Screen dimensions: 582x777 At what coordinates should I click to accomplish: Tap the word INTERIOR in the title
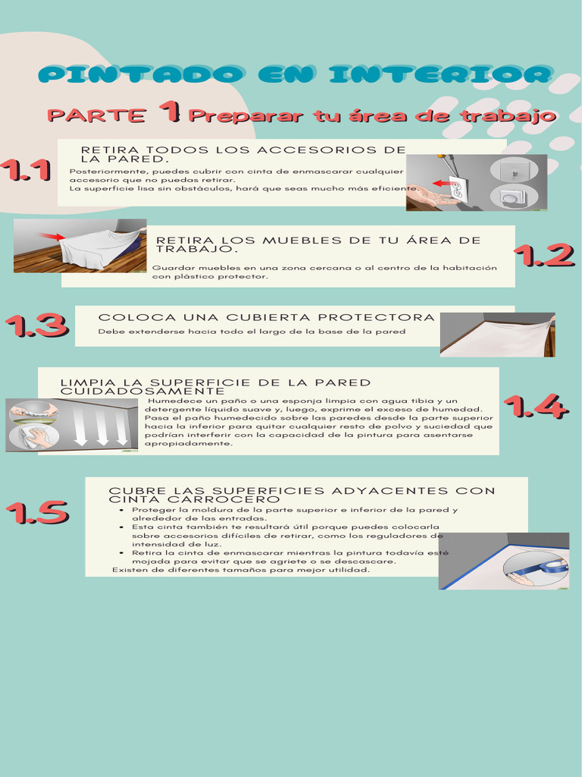point(440,74)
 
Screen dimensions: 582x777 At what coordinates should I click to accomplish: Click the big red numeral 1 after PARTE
point(170,111)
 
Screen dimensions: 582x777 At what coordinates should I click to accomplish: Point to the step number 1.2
point(544,255)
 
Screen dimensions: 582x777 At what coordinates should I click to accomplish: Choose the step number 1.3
point(36,325)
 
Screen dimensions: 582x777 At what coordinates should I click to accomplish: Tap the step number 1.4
point(536,407)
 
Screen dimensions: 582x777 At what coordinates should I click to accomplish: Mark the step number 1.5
point(37,512)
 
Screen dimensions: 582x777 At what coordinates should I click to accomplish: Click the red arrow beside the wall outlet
point(440,184)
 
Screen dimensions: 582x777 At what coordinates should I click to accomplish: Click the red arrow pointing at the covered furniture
point(52,237)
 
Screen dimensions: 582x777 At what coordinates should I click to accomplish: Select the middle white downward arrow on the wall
point(102,426)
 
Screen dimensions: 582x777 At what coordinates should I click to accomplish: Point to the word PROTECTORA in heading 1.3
point(376,317)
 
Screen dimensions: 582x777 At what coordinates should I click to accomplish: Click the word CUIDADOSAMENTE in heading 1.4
point(142,392)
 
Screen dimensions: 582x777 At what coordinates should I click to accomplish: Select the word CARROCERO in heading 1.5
point(224,499)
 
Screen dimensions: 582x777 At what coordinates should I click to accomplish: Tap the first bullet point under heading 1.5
point(122,510)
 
